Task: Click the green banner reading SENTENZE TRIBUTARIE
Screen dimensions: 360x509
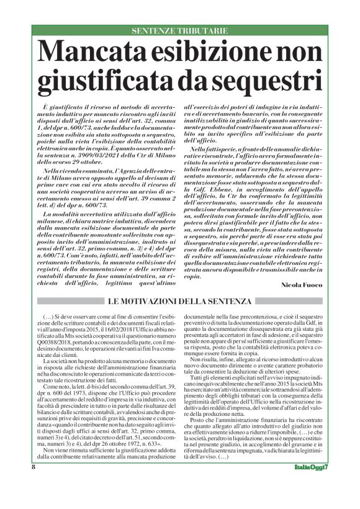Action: click(x=179, y=30)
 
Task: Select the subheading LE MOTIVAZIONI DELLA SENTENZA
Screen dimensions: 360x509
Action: click(x=179, y=301)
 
